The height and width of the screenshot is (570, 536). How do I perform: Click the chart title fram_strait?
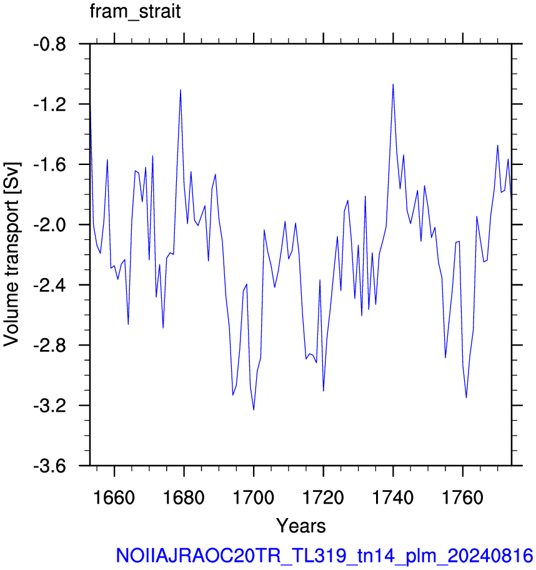[x=135, y=12]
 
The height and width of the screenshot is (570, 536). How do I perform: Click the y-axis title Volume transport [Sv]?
[x=11, y=254]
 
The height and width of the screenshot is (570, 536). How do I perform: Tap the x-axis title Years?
[x=301, y=526]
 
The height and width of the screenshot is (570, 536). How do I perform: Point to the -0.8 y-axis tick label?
[x=50, y=45]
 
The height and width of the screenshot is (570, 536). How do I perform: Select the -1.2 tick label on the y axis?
[x=50, y=105]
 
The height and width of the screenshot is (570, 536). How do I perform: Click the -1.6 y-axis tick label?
[x=50, y=165]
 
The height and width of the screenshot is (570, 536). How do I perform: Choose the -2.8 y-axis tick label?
[x=50, y=346]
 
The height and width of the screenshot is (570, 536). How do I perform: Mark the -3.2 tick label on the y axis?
[x=50, y=406]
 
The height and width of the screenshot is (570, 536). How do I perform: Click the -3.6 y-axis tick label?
[x=50, y=466]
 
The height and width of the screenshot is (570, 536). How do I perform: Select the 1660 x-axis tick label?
[x=114, y=497]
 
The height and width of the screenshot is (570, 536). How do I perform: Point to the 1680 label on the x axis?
[x=184, y=497]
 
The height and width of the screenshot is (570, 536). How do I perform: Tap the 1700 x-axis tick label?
[x=253, y=497]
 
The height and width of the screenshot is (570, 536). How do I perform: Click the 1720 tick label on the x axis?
[x=323, y=497]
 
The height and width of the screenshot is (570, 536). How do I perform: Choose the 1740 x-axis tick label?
[x=393, y=497]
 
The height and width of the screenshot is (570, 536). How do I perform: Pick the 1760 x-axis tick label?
[x=462, y=497]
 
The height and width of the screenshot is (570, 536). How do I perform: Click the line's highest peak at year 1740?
[x=393, y=84]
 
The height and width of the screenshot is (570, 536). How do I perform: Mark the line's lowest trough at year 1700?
[x=254, y=410]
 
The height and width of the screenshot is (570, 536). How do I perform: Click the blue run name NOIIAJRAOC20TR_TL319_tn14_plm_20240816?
[x=324, y=556]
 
